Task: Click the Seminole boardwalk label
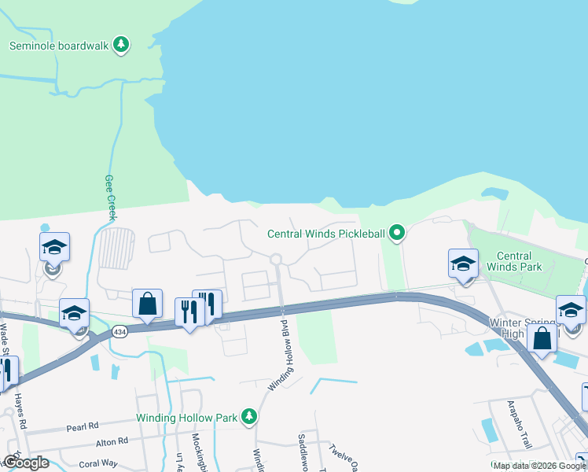tap(59, 46)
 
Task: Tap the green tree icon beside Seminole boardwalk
tap(121, 45)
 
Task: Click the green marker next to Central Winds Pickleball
tap(398, 232)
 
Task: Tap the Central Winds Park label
tap(520, 261)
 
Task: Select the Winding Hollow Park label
tap(186, 417)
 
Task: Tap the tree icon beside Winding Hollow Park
tap(249, 416)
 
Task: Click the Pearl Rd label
tap(83, 425)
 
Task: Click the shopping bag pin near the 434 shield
tap(147, 304)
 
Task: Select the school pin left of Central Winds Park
tap(463, 264)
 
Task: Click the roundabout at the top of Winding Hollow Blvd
tap(276, 259)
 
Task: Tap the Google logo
tap(26, 463)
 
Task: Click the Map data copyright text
tap(539, 466)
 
